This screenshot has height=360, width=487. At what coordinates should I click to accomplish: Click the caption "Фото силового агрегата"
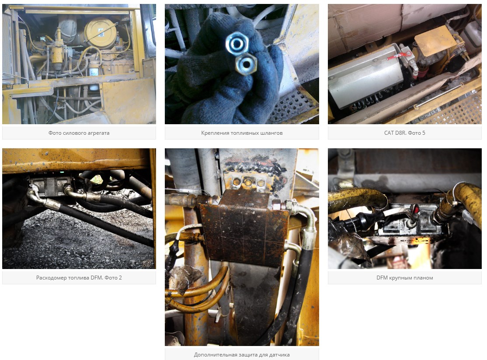point(79,133)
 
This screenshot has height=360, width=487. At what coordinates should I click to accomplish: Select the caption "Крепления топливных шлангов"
point(242,133)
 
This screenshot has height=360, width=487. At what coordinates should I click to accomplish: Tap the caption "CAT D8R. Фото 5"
point(404,133)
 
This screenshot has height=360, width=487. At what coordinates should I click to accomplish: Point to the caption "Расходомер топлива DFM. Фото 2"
point(79,278)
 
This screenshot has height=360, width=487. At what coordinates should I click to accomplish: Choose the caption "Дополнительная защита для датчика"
point(242,354)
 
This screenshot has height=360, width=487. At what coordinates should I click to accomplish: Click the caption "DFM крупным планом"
point(404,278)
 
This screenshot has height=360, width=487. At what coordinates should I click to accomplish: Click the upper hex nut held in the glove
point(237,43)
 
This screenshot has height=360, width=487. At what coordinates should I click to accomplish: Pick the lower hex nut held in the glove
point(246,64)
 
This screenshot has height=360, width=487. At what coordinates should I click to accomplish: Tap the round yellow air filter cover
point(100,32)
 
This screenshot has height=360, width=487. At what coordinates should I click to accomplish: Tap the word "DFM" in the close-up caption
point(382,278)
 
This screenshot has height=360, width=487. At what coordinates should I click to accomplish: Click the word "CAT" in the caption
point(390,133)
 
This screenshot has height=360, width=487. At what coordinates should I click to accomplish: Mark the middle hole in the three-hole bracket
point(248,182)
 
